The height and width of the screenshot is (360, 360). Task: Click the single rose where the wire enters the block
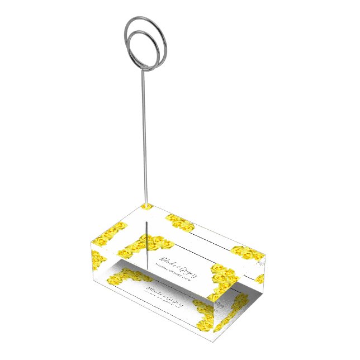(x=147, y=206)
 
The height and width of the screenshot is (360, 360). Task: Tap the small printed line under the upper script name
(x=174, y=272)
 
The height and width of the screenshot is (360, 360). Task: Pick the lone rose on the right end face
(x=259, y=278)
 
